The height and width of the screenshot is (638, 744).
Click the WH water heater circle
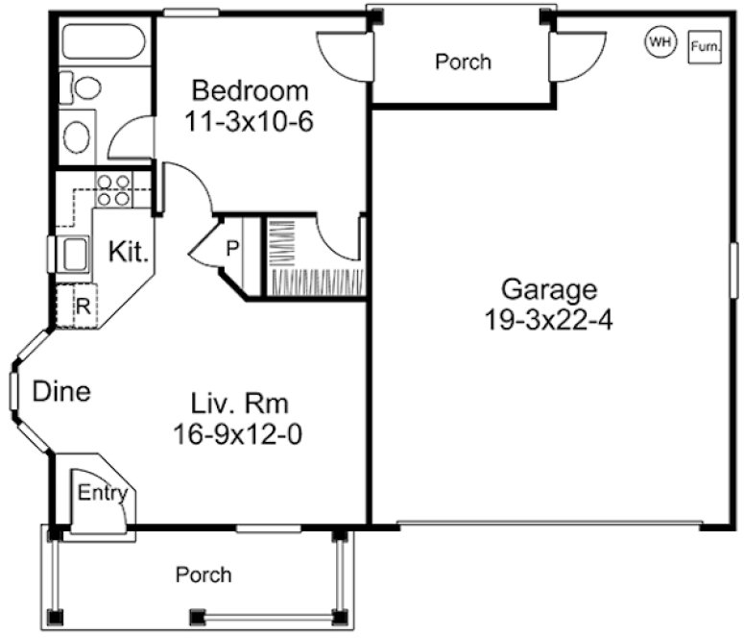click(660, 41)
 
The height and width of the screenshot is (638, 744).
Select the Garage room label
click(549, 288)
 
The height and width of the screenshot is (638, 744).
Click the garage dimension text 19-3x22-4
click(549, 319)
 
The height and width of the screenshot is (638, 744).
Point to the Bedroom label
click(251, 91)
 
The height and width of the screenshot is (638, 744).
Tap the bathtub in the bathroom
click(104, 42)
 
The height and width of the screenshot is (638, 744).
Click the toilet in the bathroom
click(84, 89)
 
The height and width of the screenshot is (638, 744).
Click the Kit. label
click(128, 253)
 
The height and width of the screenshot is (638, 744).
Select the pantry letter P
click(231, 248)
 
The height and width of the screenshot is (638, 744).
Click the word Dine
click(61, 391)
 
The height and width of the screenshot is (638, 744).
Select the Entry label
click(102, 494)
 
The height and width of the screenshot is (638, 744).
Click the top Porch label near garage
click(463, 61)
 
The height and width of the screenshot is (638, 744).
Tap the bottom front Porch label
click(203, 575)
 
